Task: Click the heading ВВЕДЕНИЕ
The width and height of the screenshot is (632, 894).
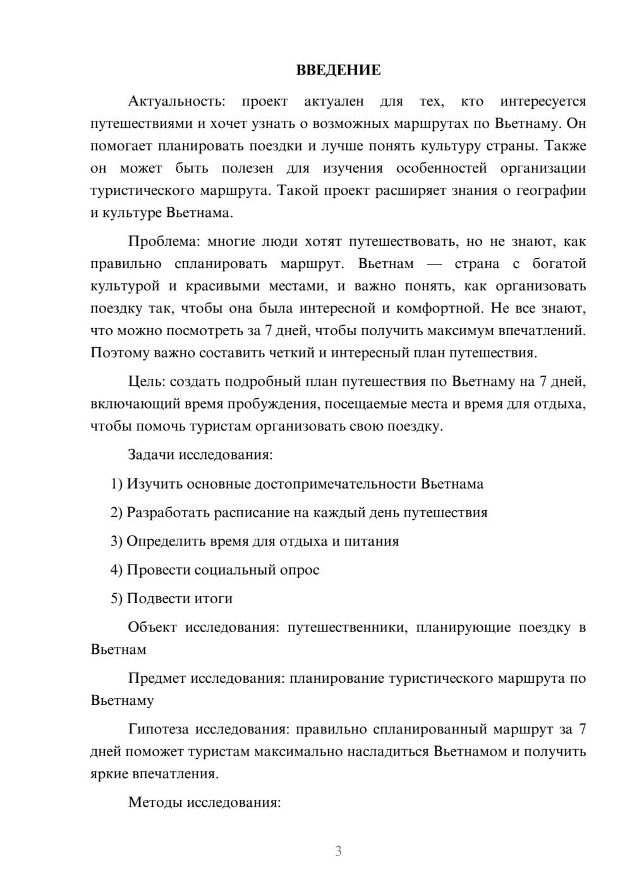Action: [x=338, y=70]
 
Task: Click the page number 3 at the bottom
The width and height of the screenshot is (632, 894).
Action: [x=338, y=851]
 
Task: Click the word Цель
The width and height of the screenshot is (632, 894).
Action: [x=146, y=381]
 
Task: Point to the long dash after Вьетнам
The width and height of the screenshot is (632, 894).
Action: [x=434, y=264]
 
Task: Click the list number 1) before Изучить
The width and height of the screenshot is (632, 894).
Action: [x=116, y=484]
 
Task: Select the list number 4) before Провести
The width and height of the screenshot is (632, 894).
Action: [x=116, y=570]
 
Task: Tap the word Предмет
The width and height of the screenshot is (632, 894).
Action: [x=157, y=678]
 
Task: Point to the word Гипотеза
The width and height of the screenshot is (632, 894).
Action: [x=158, y=729]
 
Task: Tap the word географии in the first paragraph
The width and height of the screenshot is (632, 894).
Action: [x=550, y=190]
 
